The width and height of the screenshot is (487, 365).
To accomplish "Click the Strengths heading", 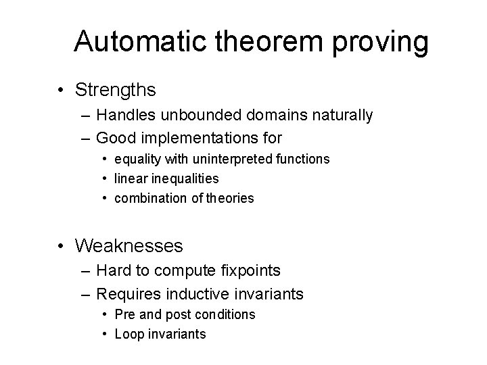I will pyautogui.click(x=116, y=89).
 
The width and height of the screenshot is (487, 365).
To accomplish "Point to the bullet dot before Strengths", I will pyautogui.click(x=62, y=90).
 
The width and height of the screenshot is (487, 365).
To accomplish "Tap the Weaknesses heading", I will pyautogui.click(x=129, y=244).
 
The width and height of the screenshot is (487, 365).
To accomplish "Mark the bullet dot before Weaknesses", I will pyautogui.click(x=62, y=245).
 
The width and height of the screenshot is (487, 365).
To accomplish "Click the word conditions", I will pyautogui.click(x=227, y=314).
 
